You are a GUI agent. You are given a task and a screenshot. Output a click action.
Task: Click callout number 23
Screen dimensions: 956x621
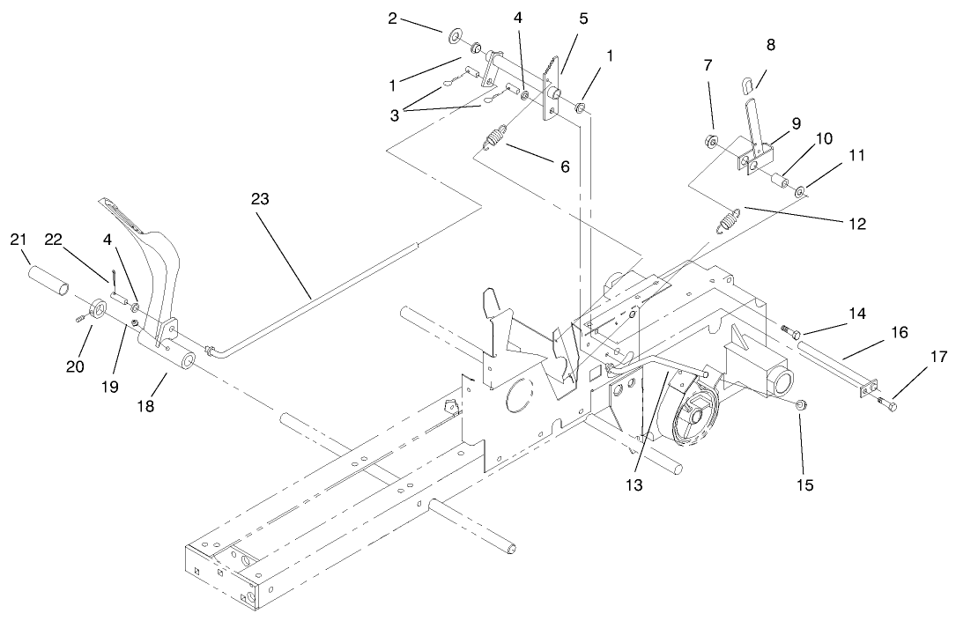click(260, 199)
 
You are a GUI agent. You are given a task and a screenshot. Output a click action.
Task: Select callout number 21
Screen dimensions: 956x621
click(19, 240)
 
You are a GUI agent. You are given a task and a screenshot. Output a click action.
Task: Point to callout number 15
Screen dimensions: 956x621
click(804, 484)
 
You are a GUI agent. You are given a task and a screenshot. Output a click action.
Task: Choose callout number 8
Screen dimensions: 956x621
click(771, 45)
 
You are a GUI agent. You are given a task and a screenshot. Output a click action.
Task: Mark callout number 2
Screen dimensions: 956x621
click(392, 18)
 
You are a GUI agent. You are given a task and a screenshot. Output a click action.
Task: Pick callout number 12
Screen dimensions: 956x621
click(856, 224)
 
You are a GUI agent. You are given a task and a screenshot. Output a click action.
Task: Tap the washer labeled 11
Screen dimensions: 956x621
click(801, 193)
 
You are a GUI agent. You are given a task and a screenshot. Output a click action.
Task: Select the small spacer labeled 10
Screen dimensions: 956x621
click(778, 181)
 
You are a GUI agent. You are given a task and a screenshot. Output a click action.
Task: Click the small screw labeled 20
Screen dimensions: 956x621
click(80, 318)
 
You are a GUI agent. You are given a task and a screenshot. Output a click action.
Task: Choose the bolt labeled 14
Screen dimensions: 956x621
click(789, 331)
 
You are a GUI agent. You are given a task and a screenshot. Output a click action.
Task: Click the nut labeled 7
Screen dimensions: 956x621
click(709, 142)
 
